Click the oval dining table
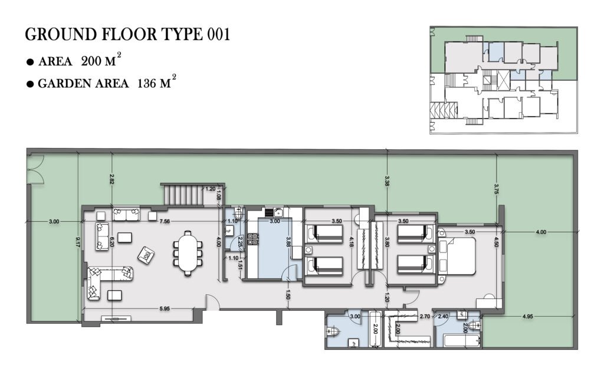click(x=188, y=252)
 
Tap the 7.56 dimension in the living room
click(x=165, y=221)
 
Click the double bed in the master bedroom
click(x=458, y=256)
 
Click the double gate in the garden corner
click(x=36, y=169)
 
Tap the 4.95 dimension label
click(x=528, y=317)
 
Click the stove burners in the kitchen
click(x=252, y=239)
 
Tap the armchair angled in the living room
click(x=146, y=255)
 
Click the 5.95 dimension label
click(x=165, y=308)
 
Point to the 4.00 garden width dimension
click(x=541, y=232)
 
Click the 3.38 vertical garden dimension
click(x=387, y=181)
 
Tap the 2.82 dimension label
click(x=111, y=179)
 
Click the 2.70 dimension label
click(x=425, y=317)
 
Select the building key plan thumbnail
click(x=504, y=80)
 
